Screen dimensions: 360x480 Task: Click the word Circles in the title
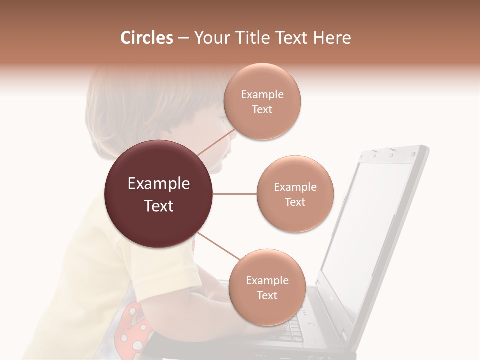coord(146,38)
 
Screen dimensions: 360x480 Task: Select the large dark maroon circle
coord(158,194)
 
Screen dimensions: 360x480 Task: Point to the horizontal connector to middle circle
coord(235,194)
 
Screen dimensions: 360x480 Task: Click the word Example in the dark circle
coord(158,184)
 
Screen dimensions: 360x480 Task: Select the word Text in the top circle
coord(262,110)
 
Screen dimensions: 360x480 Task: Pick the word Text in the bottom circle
coord(267,295)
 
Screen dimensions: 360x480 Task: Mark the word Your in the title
coord(209,38)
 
